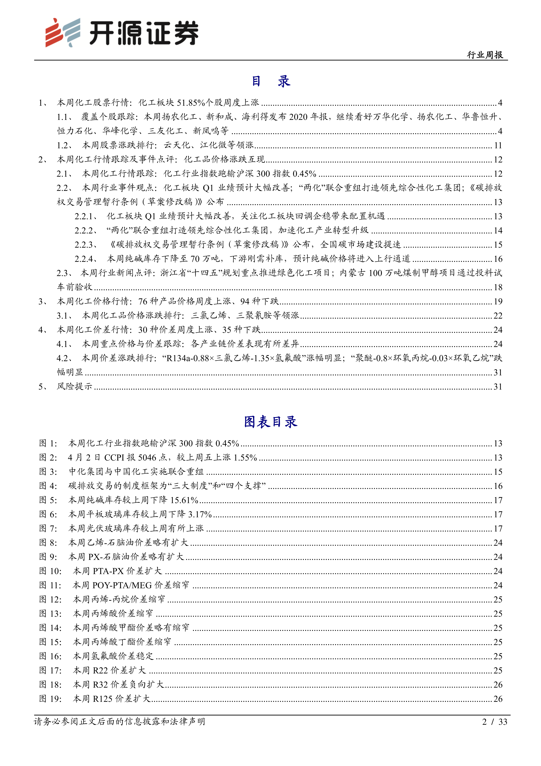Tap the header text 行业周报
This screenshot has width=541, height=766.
(x=485, y=55)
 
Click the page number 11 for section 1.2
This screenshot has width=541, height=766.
(x=498, y=145)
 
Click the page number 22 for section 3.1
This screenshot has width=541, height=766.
(x=498, y=316)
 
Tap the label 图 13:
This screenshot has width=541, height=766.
(x=50, y=614)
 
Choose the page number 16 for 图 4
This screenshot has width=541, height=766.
(x=498, y=486)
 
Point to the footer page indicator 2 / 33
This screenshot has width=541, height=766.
(x=494, y=722)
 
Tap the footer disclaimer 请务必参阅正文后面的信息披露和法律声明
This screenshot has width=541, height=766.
(x=119, y=722)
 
